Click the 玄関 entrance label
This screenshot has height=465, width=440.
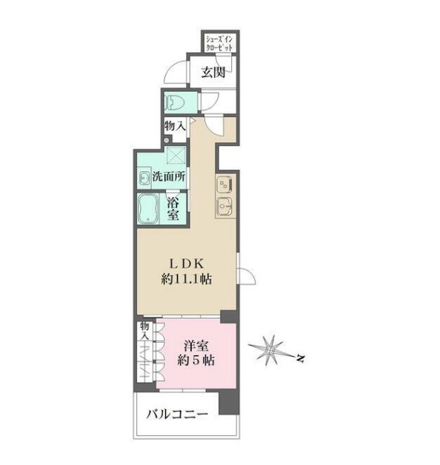point(213,72)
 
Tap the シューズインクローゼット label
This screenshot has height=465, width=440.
point(219,43)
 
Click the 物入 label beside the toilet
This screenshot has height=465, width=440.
point(175,126)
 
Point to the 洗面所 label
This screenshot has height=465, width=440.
point(169,177)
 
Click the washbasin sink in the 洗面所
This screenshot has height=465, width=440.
point(144,178)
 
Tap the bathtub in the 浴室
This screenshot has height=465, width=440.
point(148,208)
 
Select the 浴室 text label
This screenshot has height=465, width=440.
point(173,209)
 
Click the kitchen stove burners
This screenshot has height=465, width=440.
point(224,185)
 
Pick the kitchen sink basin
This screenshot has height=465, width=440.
point(224,206)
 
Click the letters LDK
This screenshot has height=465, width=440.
point(186,263)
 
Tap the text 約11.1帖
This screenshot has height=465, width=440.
point(187,279)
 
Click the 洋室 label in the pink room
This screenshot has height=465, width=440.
point(196,346)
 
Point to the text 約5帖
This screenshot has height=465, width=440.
point(196,360)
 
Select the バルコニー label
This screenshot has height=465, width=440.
point(177,414)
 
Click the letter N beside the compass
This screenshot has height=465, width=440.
point(301,358)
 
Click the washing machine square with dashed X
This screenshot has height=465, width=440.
point(176,155)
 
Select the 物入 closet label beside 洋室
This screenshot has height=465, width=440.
point(144,332)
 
